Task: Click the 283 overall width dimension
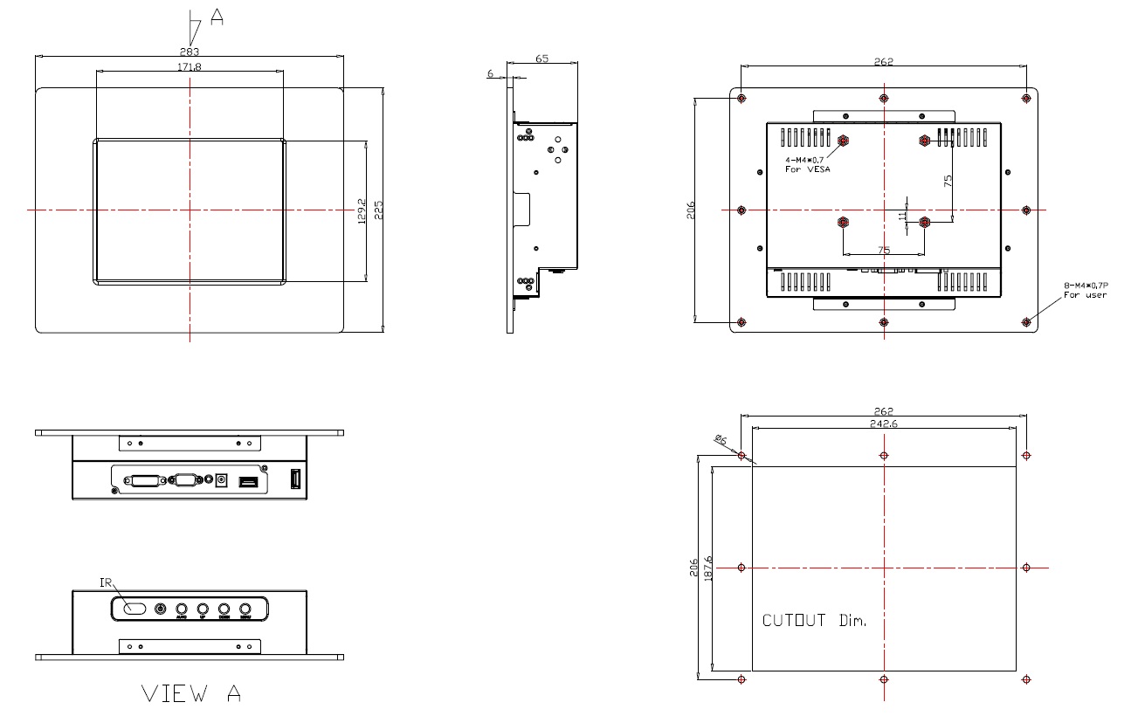(x=190, y=52)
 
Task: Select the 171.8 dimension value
(x=190, y=67)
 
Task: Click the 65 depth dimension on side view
(x=541, y=59)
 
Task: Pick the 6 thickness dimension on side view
(x=491, y=74)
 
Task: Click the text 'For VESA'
(x=807, y=169)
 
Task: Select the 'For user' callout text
(x=1085, y=295)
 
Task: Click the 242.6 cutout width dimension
(x=884, y=423)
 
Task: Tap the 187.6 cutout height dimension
(x=708, y=568)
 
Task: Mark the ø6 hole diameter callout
(x=721, y=441)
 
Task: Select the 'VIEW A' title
(x=191, y=694)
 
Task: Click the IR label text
(x=105, y=582)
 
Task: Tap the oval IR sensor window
(x=134, y=609)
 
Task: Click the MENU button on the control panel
(x=245, y=609)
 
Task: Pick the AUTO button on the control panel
(x=182, y=609)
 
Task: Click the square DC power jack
(x=222, y=480)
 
